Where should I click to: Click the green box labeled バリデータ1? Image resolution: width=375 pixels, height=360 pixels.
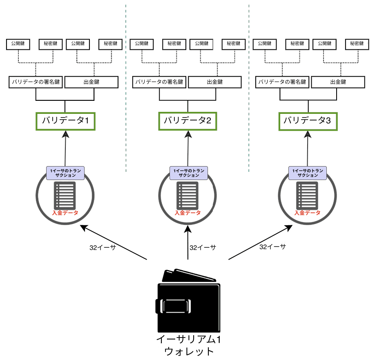(66, 121)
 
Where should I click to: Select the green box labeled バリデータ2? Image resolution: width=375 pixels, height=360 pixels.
(187, 121)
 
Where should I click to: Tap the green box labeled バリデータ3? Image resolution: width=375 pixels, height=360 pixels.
(308, 121)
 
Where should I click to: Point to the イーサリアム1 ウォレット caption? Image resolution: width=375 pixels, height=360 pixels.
(189, 345)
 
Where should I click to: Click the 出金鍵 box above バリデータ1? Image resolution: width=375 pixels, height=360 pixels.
(92, 82)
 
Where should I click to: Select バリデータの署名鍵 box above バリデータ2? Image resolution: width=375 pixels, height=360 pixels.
(158, 82)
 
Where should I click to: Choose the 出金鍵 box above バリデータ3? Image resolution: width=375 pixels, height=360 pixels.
(338, 82)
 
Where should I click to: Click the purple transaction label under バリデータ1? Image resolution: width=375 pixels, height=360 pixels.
(65, 173)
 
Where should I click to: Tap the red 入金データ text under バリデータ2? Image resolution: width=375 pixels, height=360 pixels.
(187, 213)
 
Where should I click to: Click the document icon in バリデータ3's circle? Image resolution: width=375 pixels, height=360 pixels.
(308, 195)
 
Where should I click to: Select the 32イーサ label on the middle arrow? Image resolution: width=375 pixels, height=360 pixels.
(203, 248)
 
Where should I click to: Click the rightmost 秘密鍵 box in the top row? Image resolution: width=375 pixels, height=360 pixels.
(355, 44)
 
